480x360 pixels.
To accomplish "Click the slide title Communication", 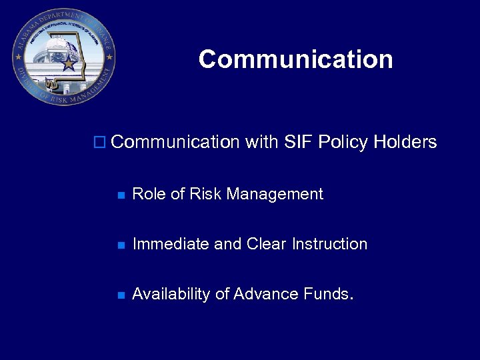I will (295, 59).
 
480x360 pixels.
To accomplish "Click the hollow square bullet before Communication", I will (99, 142).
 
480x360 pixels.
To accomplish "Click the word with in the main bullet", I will (261, 142).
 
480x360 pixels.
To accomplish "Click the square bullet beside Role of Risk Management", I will (121, 195).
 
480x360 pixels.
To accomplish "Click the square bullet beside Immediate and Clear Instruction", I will (121, 245).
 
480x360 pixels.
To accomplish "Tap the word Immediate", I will (171, 244).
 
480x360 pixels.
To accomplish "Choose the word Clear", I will (266, 244).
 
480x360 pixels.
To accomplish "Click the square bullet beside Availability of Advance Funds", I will (121, 295).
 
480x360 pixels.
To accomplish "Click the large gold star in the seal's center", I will (69, 63).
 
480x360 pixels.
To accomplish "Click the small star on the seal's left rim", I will (17, 57).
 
